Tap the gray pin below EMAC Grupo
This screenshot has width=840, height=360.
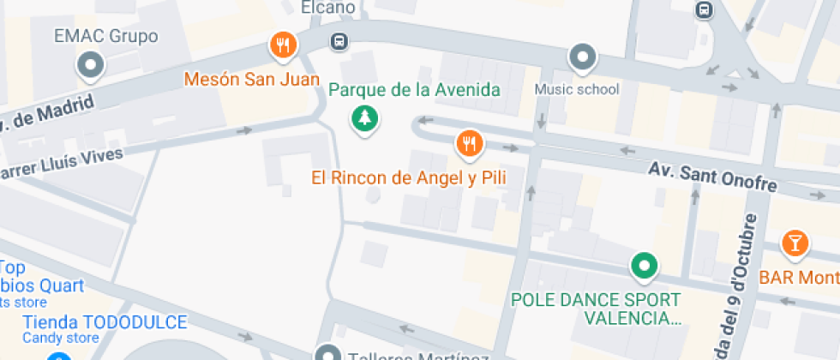(x=90, y=63)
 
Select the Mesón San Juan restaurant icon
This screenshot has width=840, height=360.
(x=283, y=45)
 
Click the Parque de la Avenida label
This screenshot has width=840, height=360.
(x=414, y=89)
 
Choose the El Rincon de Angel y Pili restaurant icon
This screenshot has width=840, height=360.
(x=468, y=144)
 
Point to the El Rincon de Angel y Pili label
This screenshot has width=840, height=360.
(x=408, y=178)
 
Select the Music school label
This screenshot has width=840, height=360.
(x=577, y=88)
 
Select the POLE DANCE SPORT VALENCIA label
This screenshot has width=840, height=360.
(x=595, y=309)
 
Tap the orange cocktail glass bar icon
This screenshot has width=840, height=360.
(x=795, y=243)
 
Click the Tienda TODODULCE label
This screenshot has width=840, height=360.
(x=105, y=322)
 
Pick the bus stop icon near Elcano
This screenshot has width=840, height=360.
(x=339, y=40)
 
